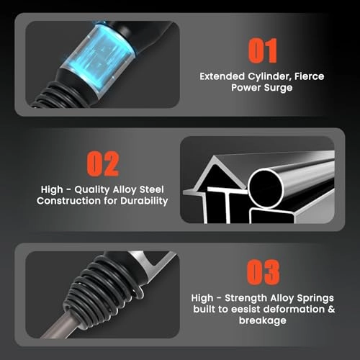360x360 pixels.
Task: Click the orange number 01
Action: [262, 51]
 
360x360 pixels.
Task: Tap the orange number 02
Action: [103, 164]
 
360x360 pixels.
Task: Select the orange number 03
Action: [263, 272]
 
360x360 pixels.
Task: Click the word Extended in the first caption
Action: [222, 76]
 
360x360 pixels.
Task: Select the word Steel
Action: [152, 189]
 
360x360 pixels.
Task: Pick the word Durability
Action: [144, 201]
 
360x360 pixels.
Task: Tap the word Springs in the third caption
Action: [315, 298]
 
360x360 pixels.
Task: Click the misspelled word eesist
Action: [245, 309]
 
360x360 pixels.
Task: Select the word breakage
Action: [263, 321]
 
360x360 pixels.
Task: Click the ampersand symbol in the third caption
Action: [331, 309]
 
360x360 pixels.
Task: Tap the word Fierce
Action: [310, 76]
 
